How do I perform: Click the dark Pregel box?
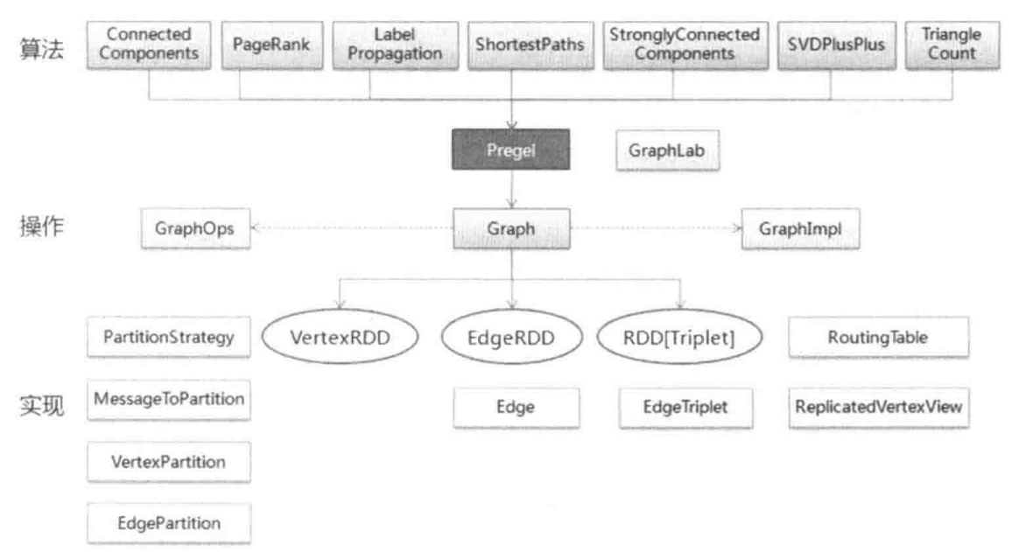pyautogui.click(x=510, y=150)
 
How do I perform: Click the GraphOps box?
pyautogui.click(x=195, y=230)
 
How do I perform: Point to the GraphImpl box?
pyautogui.click(x=797, y=230)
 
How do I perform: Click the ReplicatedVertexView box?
pyautogui.click(x=878, y=408)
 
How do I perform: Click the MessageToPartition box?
pyautogui.click(x=168, y=399)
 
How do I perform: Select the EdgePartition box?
pyautogui.click(x=168, y=523)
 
